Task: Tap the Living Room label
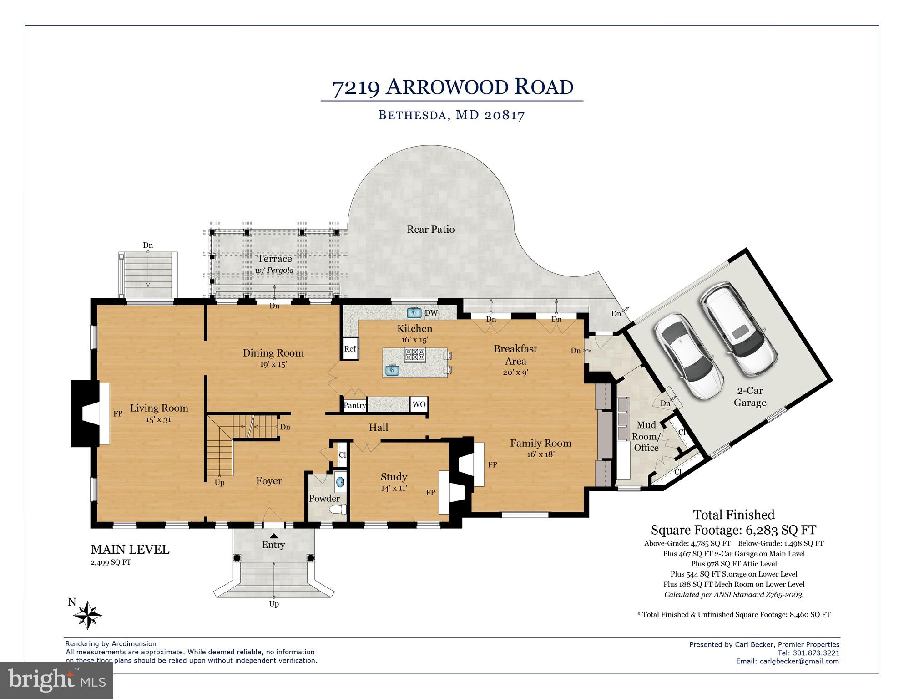[x=159, y=408]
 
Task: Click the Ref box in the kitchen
[x=350, y=349]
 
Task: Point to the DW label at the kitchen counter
[x=431, y=313]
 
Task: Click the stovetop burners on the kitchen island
[x=415, y=354]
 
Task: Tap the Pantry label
[x=354, y=405]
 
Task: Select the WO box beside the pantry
[x=419, y=404]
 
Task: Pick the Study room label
[x=394, y=477]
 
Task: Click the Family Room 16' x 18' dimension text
[x=540, y=454]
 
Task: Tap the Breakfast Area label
[x=515, y=355]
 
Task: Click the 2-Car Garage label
[x=750, y=397]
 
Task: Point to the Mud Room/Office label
[x=646, y=436]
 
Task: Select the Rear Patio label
[x=430, y=229]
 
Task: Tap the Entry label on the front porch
[x=273, y=545]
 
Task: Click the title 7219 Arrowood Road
[x=452, y=87]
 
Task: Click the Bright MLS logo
[x=56, y=680]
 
